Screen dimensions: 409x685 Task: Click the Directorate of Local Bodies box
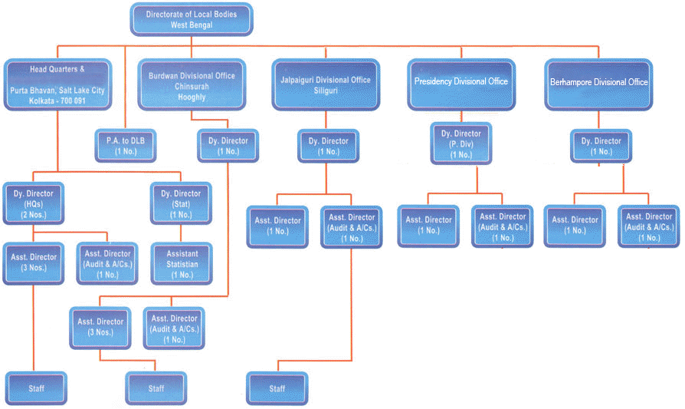click(191, 20)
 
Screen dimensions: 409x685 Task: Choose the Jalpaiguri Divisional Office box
click(325, 85)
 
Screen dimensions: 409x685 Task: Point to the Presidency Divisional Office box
click(460, 81)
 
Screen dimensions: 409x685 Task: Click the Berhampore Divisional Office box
click(599, 81)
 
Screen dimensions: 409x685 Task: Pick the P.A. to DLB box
click(125, 146)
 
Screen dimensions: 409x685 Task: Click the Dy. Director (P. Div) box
click(461, 143)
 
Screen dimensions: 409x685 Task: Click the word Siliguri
click(325, 91)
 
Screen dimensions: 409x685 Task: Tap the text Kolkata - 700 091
click(57, 101)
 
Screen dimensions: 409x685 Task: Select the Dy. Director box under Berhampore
click(601, 146)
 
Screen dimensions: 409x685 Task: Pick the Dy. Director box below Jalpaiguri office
click(328, 146)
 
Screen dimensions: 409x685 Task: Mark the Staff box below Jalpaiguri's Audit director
click(277, 388)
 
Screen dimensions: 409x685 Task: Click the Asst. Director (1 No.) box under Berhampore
click(575, 226)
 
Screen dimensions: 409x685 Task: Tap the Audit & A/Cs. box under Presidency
click(503, 226)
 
